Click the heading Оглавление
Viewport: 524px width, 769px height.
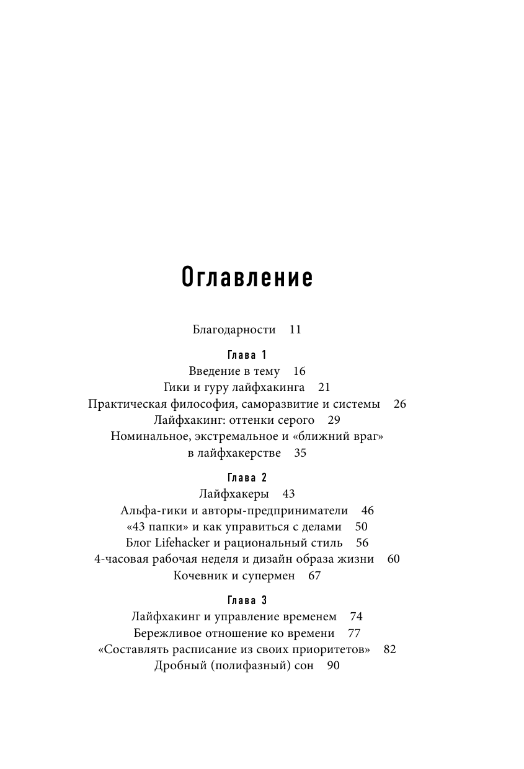pos(247,278)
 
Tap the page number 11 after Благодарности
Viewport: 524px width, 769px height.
pos(295,330)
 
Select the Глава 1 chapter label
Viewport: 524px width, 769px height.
pos(247,355)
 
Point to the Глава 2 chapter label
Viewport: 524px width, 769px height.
pos(247,478)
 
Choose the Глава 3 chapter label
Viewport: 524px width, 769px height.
pos(247,600)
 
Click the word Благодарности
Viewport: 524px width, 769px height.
pos(234,330)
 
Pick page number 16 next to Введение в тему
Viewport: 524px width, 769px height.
pos(300,371)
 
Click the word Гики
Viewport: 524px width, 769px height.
pos(177,387)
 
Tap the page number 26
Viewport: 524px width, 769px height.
pos(399,404)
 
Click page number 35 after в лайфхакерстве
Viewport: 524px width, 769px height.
pos(300,453)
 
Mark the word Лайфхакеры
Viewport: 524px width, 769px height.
pos(234,494)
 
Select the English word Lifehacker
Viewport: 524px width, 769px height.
pos(184,543)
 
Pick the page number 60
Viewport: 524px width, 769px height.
pos(393,559)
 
